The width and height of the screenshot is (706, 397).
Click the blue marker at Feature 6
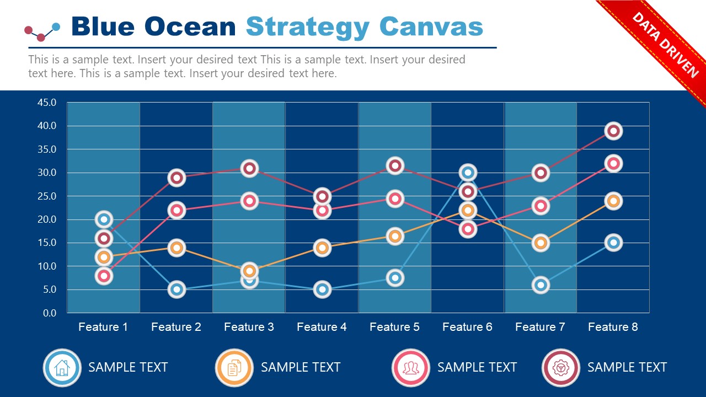point(468,173)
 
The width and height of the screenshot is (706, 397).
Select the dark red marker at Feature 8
point(613,131)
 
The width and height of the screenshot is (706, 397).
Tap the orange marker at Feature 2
point(176,248)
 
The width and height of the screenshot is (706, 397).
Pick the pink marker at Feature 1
point(104,276)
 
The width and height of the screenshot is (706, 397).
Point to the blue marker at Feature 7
point(541,285)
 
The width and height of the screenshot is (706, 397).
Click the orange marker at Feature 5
point(395,236)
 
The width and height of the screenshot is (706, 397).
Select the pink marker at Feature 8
point(613,163)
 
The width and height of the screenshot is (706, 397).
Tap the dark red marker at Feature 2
point(176,178)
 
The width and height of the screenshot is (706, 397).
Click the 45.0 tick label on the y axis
point(47,103)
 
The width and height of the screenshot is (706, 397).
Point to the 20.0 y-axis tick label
point(47,219)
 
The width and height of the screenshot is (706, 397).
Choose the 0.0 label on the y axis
point(50,313)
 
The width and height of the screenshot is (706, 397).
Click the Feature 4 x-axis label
point(322,327)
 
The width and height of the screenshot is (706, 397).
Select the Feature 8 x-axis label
point(613,327)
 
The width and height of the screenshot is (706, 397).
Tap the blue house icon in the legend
point(62,367)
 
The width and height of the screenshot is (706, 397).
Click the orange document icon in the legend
point(234,367)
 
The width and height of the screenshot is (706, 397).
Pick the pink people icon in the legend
point(411,367)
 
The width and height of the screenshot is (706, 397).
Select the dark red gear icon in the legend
point(561,367)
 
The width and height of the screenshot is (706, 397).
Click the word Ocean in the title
point(190,26)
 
